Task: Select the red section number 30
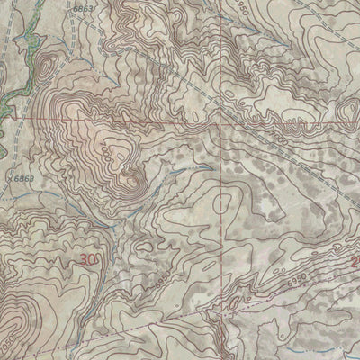88,259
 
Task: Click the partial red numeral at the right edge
355,262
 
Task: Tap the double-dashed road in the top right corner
337,18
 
